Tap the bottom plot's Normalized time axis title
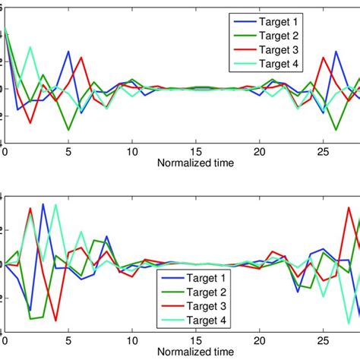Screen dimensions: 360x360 [196, 354]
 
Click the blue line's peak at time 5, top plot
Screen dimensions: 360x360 [68, 52]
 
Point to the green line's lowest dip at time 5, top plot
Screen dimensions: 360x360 [68, 130]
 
